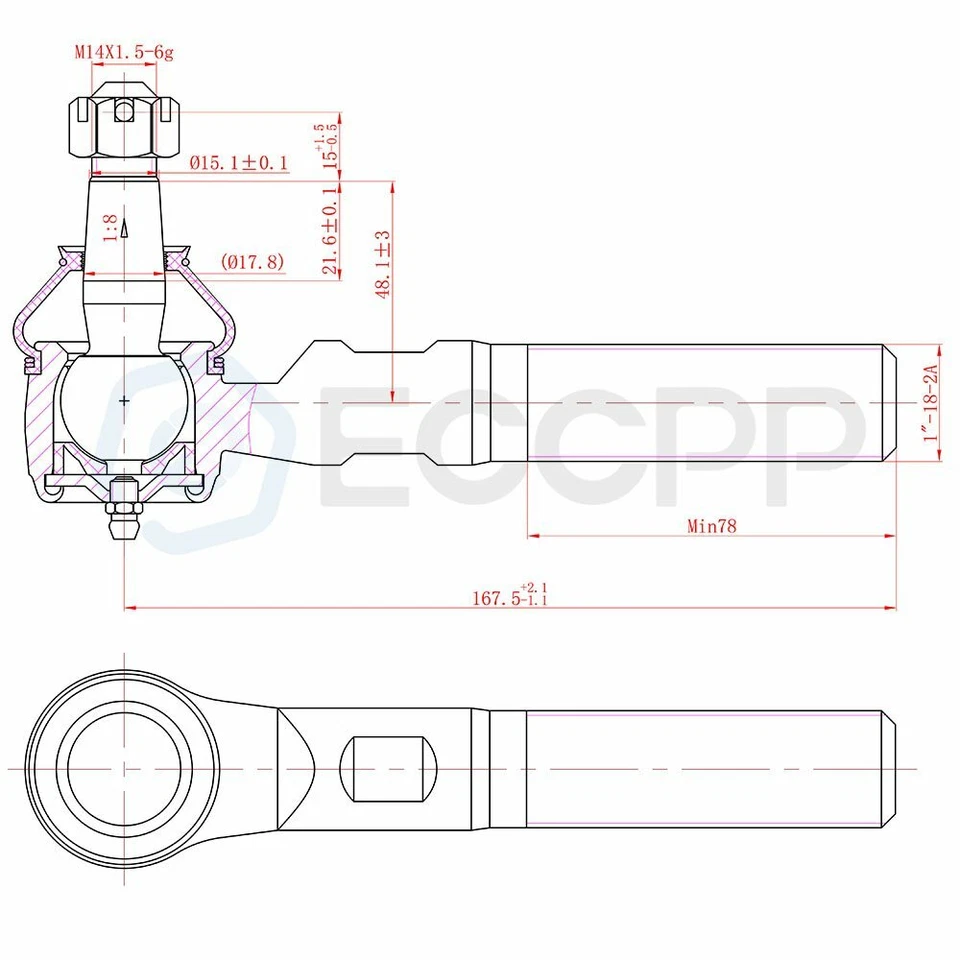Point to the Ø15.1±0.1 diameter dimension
pos(238,162)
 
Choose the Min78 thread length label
pos(711,526)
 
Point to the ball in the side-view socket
pos(123,400)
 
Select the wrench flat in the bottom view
pos(388,768)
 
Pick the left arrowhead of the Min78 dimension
pos(533,536)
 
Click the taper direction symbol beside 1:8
pos(125,230)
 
